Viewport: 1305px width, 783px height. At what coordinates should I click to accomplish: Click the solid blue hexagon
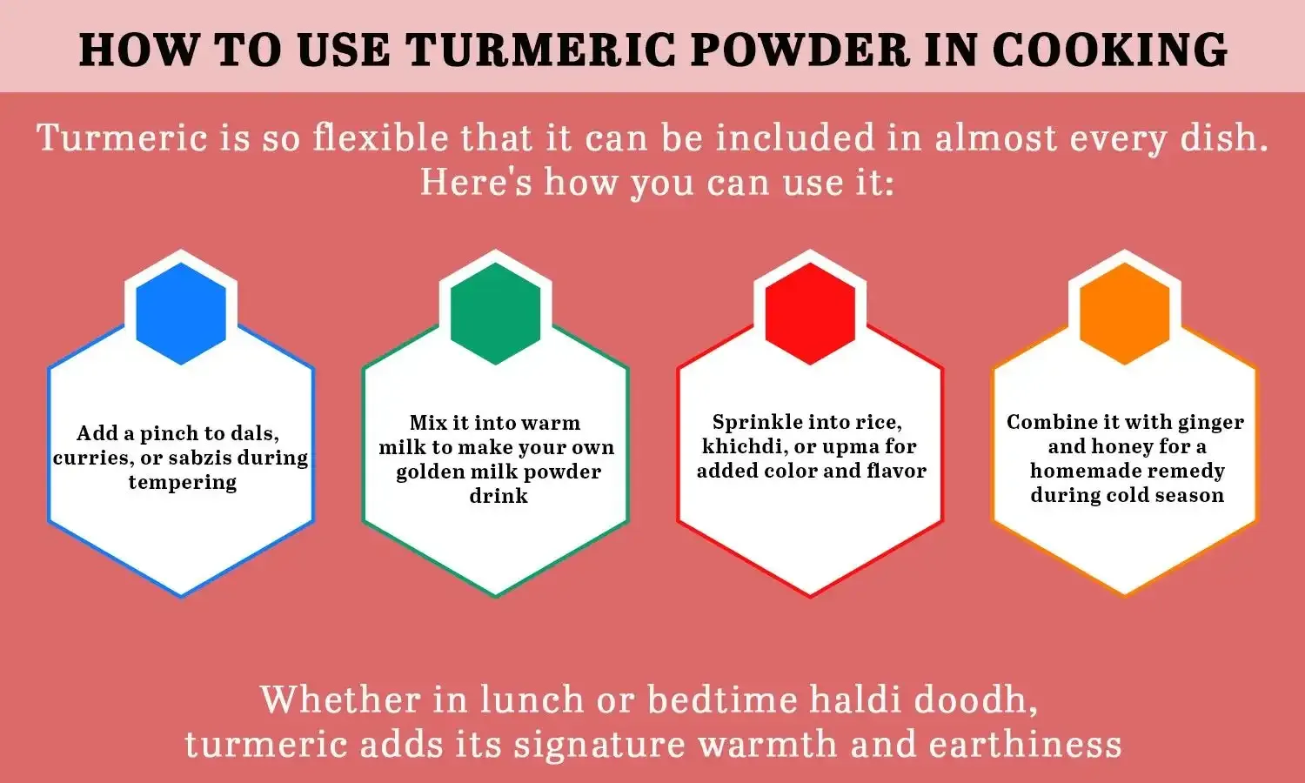click(x=181, y=313)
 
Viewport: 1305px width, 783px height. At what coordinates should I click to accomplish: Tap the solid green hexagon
click(x=496, y=313)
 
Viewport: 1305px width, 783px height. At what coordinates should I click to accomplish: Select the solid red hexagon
click(x=810, y=313)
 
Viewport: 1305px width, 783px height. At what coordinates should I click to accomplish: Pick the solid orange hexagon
click(x=1125, y=313)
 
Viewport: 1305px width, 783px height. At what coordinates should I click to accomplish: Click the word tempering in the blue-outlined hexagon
click(x=182, y=483)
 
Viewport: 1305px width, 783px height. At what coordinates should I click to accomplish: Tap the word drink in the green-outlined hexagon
click(x=498, y=496)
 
